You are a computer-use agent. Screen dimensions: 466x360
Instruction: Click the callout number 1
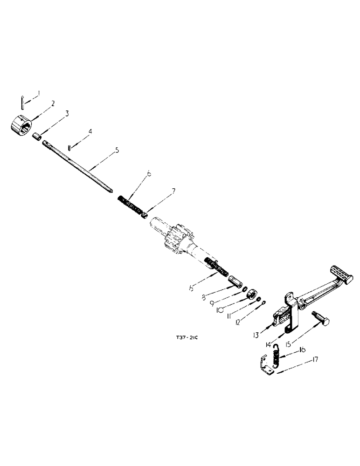tap(39, 93)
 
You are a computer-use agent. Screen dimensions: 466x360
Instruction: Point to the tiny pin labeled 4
tap(69, 148)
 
